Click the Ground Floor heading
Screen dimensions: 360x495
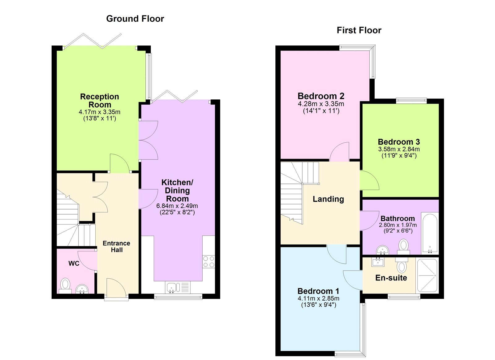(x=135, y=19)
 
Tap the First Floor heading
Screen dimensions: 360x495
(x=359, y=30)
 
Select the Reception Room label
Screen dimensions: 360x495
(x=99, y=100)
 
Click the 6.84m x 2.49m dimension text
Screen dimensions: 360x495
(x=177, y=206)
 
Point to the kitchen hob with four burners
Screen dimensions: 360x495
(x=209, y=262)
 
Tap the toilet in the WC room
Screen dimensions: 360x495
(x=65, y=285)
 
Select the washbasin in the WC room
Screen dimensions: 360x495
(x=82, y=289)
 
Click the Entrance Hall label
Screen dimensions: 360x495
(x=116, y=246)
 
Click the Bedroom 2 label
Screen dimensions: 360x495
(x=321, y=96)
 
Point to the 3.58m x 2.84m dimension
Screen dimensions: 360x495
(x=399, y=149)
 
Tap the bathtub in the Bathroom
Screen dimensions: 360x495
(x=430, y=233)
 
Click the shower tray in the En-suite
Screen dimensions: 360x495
(x=427, y=275)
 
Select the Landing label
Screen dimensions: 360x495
(x=328, y=199)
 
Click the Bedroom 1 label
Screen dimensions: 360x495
(x=318, y=291)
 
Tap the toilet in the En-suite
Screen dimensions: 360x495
(x=402, y=265)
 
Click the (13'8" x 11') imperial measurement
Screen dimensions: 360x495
(x=99, y=118)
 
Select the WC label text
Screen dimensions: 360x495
(x=74, y=263)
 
